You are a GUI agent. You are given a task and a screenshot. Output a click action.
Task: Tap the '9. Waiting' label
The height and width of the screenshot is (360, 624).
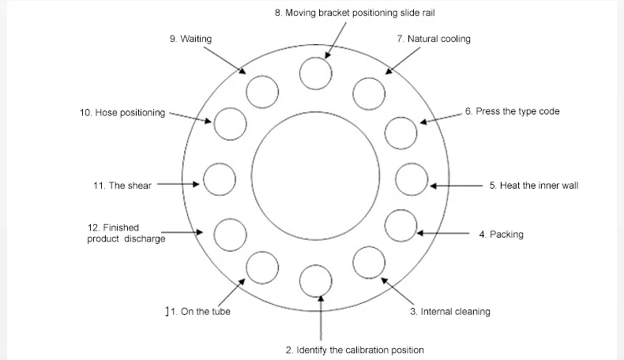click(x=190, y=39)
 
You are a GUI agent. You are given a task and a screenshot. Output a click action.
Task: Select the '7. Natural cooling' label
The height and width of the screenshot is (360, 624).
click(x=433, y=39)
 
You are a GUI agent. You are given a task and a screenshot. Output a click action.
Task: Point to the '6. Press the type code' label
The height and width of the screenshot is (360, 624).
click(x=512, y=111)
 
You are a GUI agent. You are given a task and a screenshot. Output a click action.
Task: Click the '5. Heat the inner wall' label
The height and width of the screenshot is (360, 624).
click(x=534, y=186)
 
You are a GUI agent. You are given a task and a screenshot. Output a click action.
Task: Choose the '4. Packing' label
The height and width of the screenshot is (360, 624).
click(x=501, y=234)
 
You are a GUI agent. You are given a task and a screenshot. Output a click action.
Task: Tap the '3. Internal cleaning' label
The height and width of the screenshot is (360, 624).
click(x=449, y=312)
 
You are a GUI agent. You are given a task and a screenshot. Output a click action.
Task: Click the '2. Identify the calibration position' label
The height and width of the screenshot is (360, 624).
click(x=355, y=350)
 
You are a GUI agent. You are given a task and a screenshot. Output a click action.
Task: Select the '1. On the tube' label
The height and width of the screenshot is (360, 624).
click(x=197, y=312)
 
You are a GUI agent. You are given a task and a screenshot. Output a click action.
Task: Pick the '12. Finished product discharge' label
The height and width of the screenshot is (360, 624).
click(x=126, y=234)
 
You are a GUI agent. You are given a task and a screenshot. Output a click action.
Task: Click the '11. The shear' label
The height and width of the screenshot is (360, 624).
click(x=122, y=186)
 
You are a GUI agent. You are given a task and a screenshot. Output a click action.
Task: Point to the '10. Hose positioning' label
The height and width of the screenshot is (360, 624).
click(x=122, y=113)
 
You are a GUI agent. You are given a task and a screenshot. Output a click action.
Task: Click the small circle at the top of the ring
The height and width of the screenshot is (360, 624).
click(x=316, y=73)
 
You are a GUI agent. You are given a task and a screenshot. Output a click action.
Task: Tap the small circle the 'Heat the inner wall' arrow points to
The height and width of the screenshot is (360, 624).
click(x=411, y=179)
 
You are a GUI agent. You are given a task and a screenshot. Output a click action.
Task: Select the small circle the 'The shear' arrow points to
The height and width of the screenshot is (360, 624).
click(x=220, y=179)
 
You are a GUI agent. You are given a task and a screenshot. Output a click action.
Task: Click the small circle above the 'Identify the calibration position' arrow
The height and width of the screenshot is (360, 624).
click(x=316, y=280)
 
